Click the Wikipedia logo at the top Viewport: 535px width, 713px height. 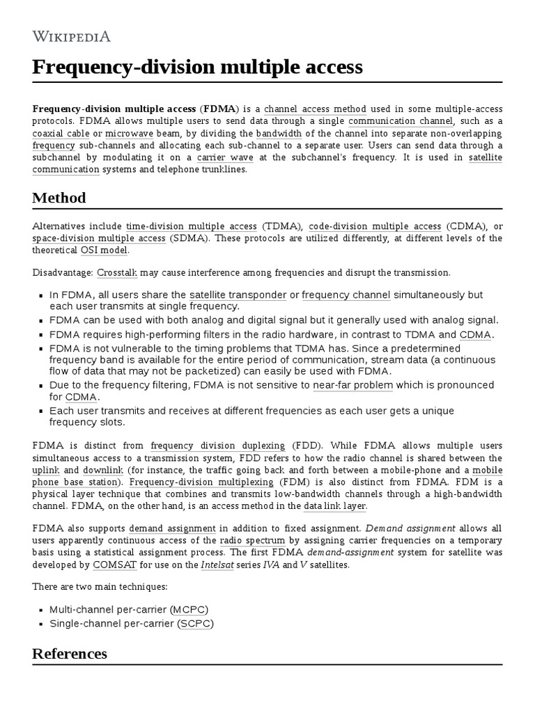click(71, 36)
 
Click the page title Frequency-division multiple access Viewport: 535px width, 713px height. click(197, 67)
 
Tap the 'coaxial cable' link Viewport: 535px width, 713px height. click(57, 133)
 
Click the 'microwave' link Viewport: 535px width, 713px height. click(130, 133)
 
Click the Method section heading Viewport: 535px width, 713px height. click(59, 198)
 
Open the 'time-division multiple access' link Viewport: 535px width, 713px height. click(192, 226)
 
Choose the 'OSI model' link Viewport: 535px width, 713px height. click(103, 250)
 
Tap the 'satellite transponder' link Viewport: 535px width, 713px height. click(238, 295)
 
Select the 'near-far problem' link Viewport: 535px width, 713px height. click(353, 385)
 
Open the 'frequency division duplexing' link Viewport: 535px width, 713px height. click(217, 446)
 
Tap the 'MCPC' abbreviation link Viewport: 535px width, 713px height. click(192, 610)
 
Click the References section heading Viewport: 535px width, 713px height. click(70, 654)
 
